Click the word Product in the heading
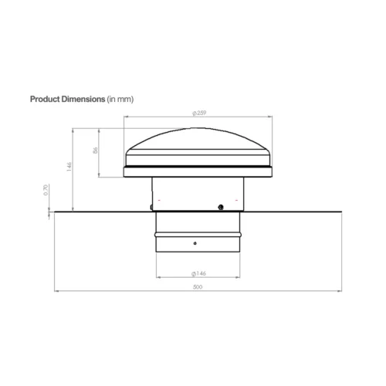coord(47,100)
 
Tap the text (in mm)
coord(119,100)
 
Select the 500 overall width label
coord(198,286)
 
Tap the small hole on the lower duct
coord(195,243)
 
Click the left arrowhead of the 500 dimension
coord(57,290)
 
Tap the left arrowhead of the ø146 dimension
coord(158,276)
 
